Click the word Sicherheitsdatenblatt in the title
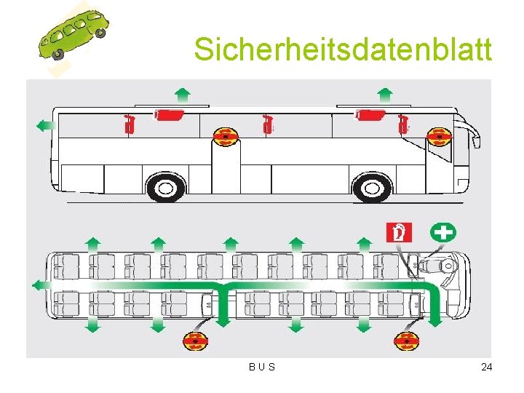click(343, 50)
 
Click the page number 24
click(486, 367)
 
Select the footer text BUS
click(262, 367)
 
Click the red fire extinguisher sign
click(399, 233)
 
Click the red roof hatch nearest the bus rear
click(170, 114)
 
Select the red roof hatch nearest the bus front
click(371, 114)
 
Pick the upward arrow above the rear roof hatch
click(183, 93)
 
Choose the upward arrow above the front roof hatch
click(386, 93)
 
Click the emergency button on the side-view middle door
click(226, 136)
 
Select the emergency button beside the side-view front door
click(439, 136)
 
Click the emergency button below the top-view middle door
click(195, 340)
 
